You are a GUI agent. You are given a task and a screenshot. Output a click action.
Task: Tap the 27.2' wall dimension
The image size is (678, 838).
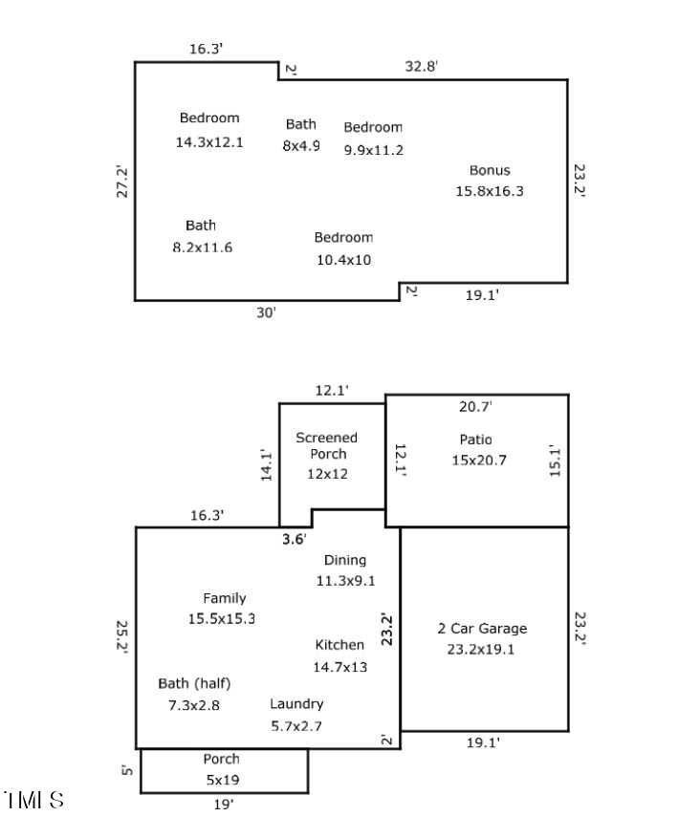coord(121,182)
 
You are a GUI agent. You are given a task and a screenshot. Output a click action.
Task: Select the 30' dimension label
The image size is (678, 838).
coord(266,312)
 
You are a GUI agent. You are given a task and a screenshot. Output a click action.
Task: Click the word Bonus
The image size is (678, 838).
coord(490,170)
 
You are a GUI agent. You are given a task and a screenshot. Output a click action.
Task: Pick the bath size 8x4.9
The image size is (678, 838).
coord(301,146)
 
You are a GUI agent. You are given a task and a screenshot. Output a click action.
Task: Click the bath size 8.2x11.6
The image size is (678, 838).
coord(201,247)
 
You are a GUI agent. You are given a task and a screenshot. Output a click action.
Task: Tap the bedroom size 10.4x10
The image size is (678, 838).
coord(343,259)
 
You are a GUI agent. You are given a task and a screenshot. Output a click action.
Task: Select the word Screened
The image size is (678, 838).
coord(326,438)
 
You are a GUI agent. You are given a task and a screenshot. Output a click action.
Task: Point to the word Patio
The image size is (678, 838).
coord(475,440)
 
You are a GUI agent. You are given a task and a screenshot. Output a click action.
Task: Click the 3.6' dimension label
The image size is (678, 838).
coord(294,539)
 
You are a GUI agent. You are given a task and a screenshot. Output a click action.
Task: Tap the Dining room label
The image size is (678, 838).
coord(345,560)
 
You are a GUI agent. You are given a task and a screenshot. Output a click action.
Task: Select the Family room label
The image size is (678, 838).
coord(225,598)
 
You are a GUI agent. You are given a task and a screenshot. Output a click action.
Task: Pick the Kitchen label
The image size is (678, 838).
coord(339,645)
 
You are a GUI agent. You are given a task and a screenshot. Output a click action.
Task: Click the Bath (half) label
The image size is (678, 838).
coord(195,684)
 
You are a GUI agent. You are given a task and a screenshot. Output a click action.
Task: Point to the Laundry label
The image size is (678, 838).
coord(296,704)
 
